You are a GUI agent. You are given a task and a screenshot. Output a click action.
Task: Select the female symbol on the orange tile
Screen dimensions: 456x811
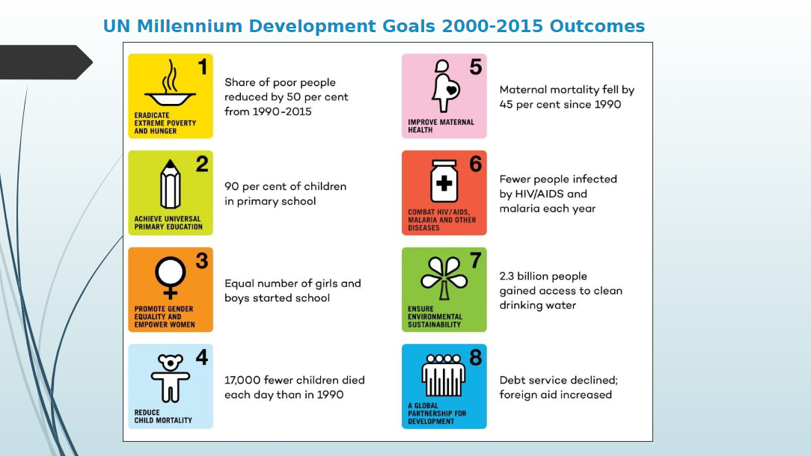pos(170,277)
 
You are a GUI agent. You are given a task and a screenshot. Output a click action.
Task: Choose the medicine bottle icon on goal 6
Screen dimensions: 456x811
pos(444,182)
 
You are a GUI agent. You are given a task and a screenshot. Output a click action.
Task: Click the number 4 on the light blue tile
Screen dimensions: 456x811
pos(201,358)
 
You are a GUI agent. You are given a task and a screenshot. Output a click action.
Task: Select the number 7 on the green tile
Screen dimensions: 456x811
pos(475,261)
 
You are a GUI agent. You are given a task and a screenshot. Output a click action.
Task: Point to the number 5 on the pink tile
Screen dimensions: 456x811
pos(476,67)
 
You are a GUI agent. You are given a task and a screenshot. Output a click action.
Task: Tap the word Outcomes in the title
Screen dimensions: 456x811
pos(597,27)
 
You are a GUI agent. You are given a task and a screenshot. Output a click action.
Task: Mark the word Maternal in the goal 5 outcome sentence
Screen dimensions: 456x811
pos(525,90)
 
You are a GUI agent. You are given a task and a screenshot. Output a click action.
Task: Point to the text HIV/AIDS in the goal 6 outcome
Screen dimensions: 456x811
pos(539,194)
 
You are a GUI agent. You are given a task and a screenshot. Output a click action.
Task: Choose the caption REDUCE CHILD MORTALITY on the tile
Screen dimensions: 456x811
pos(162,416)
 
